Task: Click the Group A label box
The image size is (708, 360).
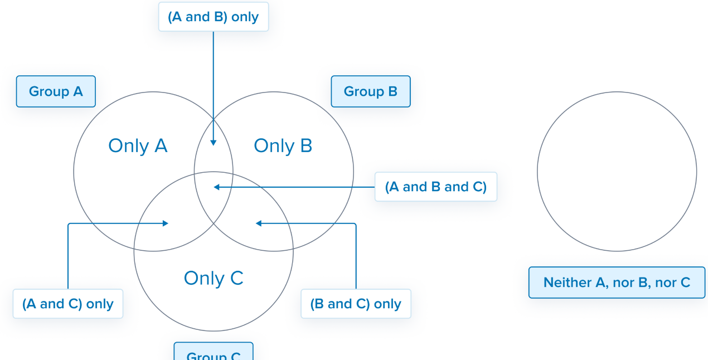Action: [56, 91]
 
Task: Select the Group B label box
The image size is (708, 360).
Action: [371, 91]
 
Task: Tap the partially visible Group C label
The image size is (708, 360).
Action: [214, 353]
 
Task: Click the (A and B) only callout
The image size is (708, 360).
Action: [213, 17]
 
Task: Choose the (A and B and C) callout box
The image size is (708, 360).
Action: [435, 187]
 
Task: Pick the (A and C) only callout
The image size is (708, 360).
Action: [68, 304]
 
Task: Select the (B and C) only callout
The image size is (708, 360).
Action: [356, 304]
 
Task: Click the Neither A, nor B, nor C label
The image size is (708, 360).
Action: [617, 283]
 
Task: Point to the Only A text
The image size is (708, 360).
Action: [138, 145]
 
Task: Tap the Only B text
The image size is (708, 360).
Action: [283, 145]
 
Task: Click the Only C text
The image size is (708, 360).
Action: [214, 278]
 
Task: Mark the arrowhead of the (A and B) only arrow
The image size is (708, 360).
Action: [214, 143]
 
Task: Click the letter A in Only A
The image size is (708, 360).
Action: [161, 145]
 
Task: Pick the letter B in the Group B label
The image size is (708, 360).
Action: [392, 91]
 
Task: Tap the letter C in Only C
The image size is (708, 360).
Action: [236, 278]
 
